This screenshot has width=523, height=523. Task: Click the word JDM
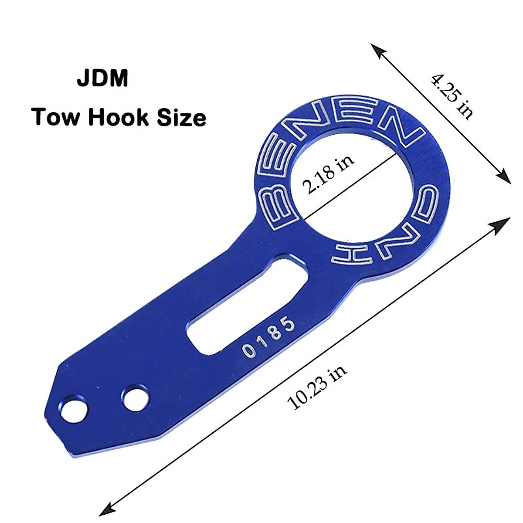point(103,79)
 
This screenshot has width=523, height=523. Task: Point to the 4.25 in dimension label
point(452,97)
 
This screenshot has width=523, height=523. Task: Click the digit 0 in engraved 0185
point(248,351)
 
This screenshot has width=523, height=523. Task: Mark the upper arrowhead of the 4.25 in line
point(377,51)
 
